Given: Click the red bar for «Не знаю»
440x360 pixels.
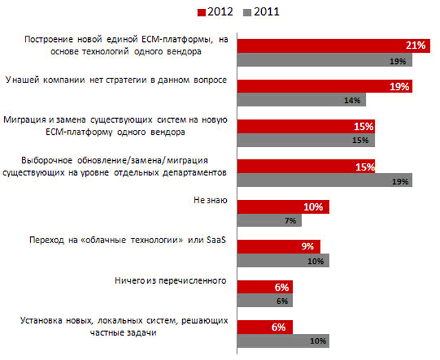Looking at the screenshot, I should click(283, 207).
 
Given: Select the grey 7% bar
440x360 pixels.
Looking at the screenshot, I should click(269, 220).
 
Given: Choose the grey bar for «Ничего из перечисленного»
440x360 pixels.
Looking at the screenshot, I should click(265, 300).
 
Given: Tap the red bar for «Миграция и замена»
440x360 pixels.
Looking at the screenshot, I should click(306, 126).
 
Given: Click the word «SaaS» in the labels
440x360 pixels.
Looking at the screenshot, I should click(217, 240).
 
